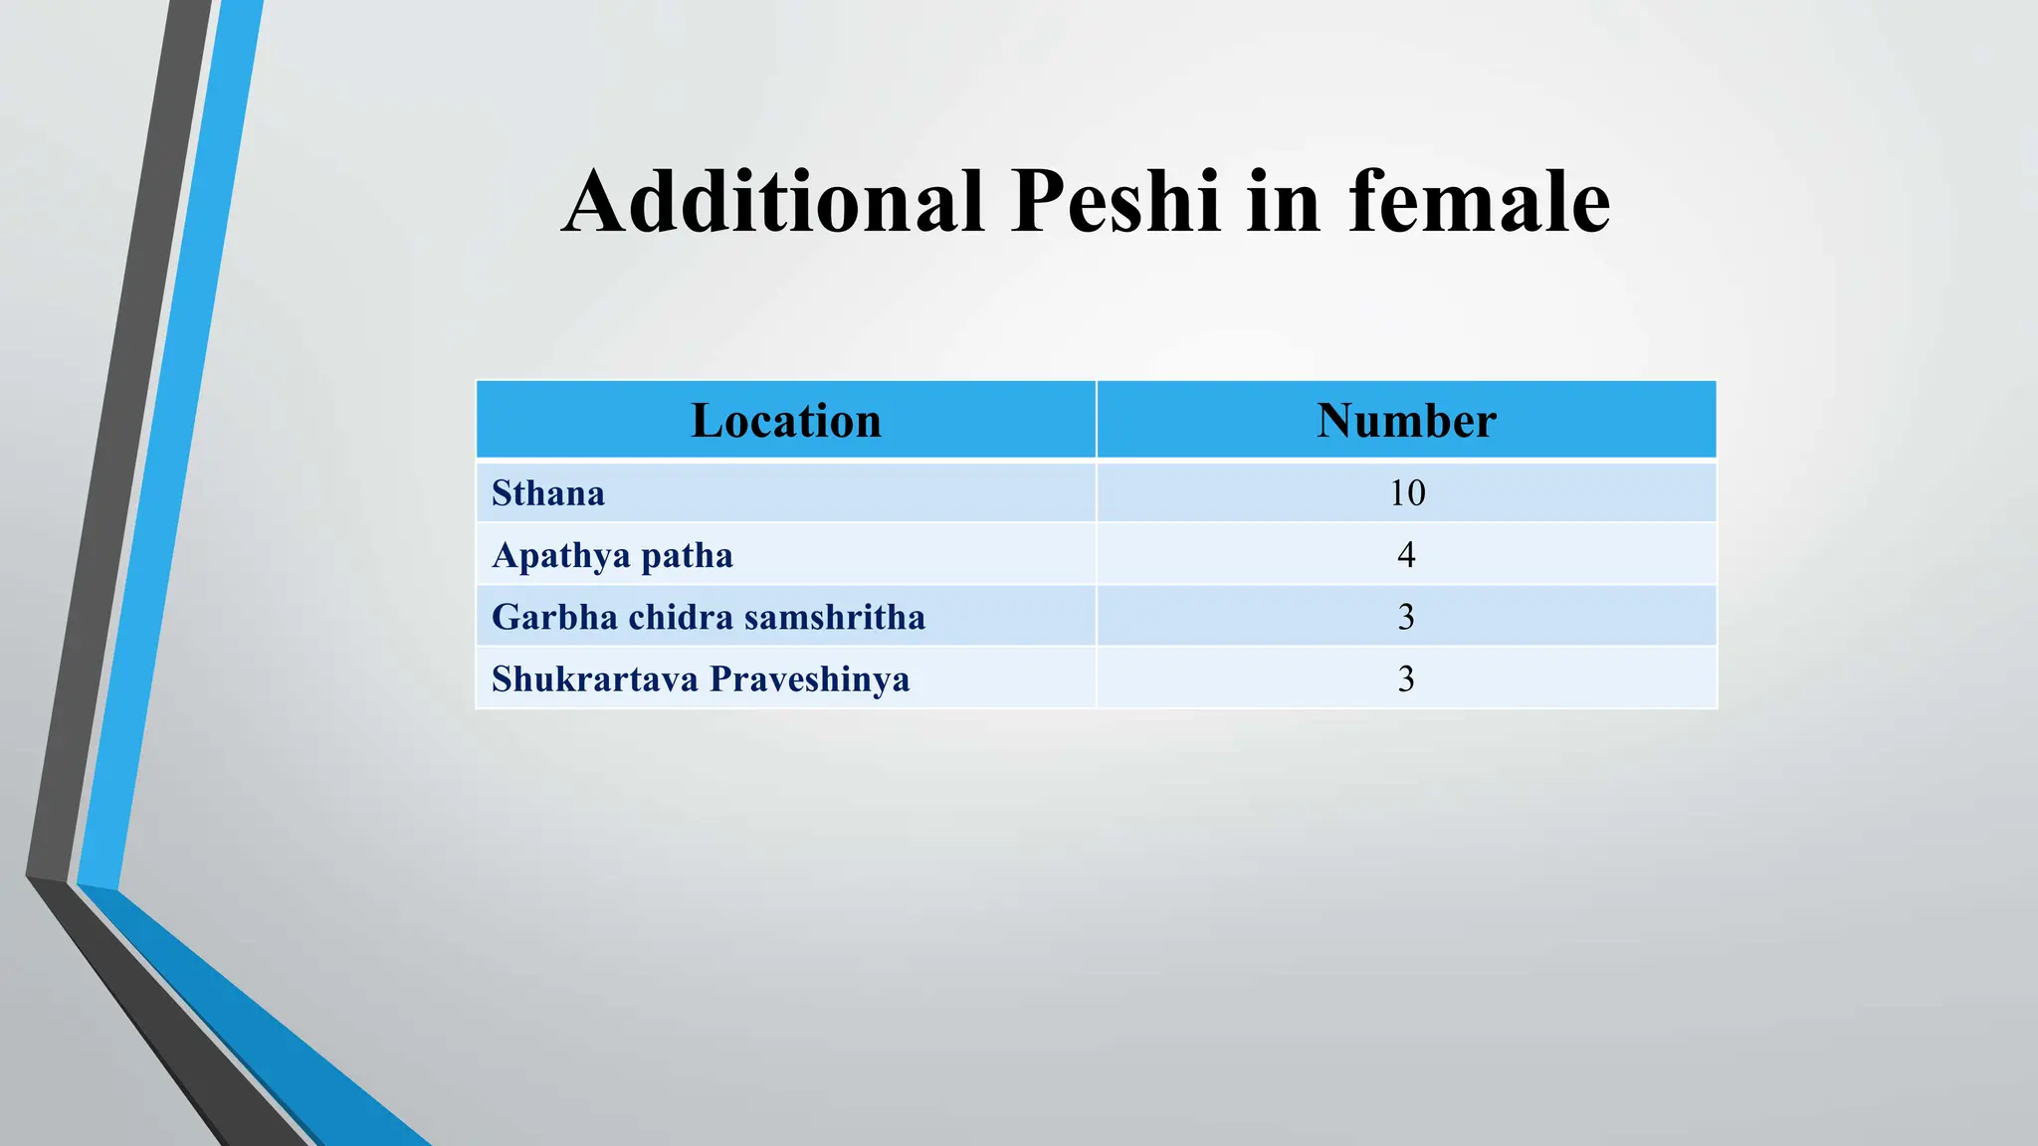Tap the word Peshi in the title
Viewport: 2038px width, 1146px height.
[x=1116, y=202]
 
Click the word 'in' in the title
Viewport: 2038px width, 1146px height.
[x=1284, y=202]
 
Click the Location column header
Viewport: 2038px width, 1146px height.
[x=786, y=421]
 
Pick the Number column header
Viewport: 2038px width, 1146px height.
[x=1406, y=421]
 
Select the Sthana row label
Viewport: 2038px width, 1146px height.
[x=548, y=493]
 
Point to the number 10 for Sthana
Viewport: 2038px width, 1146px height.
[x=1407, y=493]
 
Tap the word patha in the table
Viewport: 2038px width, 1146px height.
[x=687, y=555]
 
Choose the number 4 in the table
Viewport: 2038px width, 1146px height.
[x=1406, y=555]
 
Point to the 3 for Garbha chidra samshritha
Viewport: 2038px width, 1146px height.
[x=1406, y=617]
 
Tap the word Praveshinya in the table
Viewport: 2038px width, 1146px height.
[x=809, y=679]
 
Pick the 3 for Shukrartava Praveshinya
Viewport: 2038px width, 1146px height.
[x=1406, y=679]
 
